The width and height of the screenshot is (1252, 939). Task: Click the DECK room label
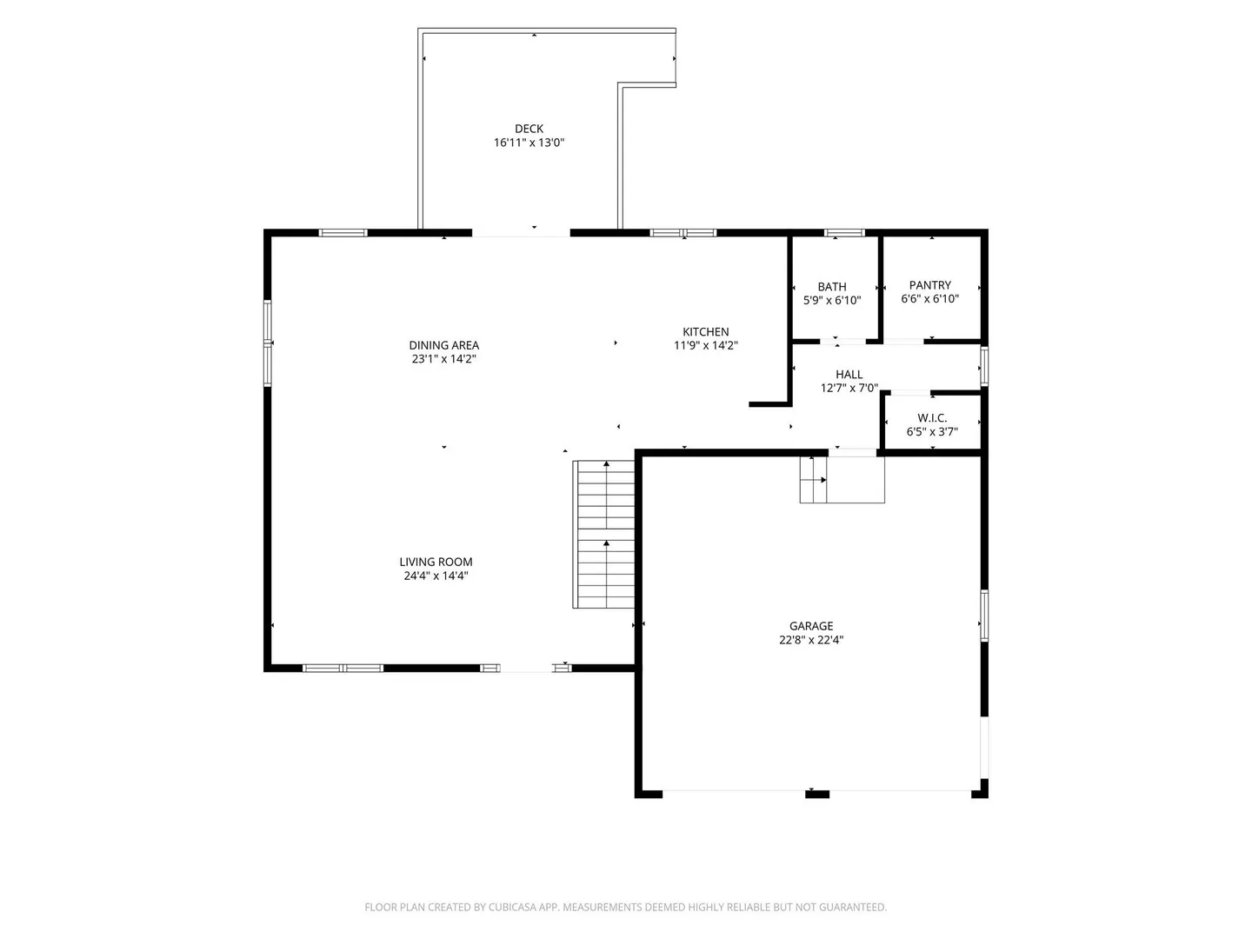click(529, 129)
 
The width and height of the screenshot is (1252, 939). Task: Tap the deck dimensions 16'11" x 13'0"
click(529, 143)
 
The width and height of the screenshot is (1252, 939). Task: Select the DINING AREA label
click(443, 345)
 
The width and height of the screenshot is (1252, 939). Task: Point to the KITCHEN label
click(706, 331)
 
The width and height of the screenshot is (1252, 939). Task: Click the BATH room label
click(832, 287)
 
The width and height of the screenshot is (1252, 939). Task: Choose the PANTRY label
click(929, 285)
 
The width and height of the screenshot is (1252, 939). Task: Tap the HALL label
click(849, 375)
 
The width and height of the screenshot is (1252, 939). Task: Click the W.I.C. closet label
click(932, 418)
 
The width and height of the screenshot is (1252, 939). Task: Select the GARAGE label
click(811, 626)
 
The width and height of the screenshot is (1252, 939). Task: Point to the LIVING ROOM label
click(436, 562)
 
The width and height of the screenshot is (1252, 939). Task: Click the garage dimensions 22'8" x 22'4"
click(811, 640)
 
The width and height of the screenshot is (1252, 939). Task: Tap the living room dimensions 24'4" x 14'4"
click(436, 576)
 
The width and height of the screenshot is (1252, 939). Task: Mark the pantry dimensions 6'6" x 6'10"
click(929, 299)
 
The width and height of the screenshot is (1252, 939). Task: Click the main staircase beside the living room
click(604, 534)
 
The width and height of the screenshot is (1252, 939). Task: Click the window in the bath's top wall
click(844, 233)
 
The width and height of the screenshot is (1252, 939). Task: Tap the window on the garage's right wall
click(984, 616)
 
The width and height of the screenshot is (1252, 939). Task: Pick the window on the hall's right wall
click(984, 366)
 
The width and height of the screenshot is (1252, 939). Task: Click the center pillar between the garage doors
click(816, 794)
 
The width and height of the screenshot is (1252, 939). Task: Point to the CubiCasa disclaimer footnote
click(626, 907)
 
